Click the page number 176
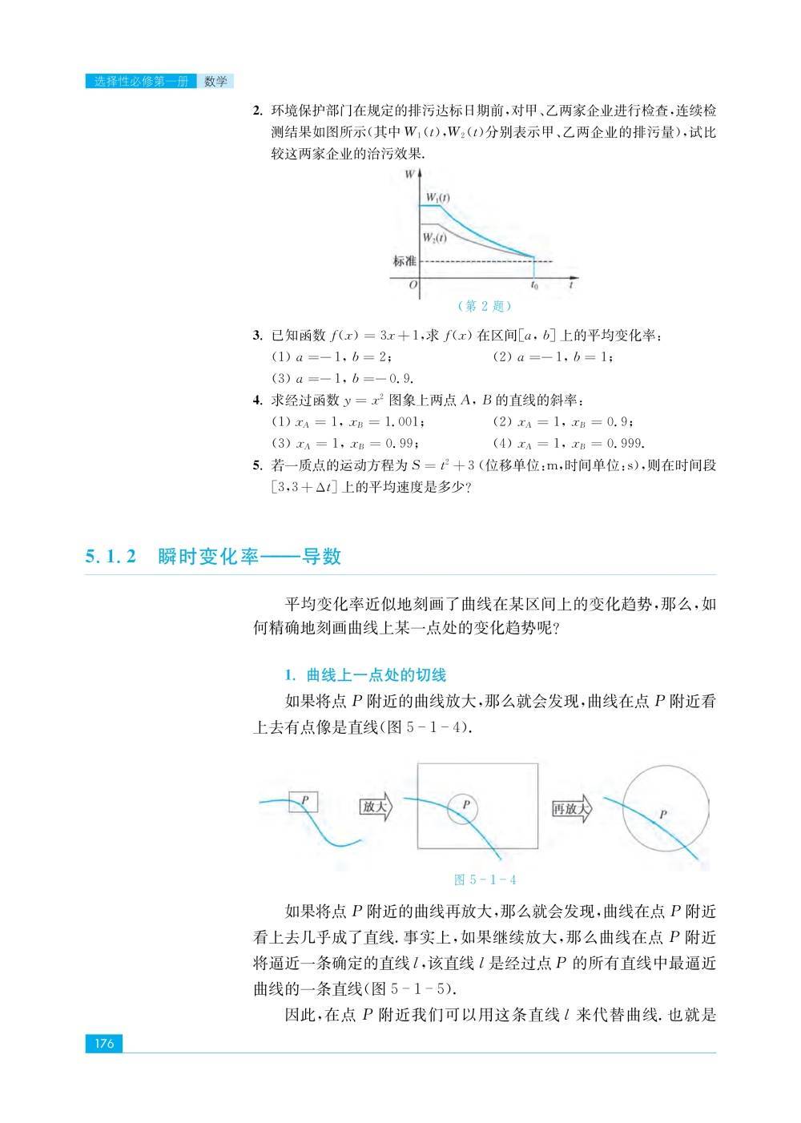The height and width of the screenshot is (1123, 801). (x=104, y=1043)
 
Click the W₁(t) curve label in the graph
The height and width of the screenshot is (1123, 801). (x=437, y=197)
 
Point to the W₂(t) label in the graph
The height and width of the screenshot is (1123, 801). (x=435, y=236)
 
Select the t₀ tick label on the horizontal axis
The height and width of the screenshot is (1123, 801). (x=534, y=284)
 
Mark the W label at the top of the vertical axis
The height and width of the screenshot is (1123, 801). (x=409, y=173)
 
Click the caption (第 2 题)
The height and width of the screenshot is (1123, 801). (x=484, y=306)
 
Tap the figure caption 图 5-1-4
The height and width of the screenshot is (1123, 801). (x=485, y=879)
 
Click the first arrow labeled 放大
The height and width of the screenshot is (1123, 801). (x=375, y=807)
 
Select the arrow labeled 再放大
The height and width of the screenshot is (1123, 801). (x=572, y=809)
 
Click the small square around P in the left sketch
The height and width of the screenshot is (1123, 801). (x=303, y=801)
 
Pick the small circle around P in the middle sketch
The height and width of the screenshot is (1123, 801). (x=462, y=809)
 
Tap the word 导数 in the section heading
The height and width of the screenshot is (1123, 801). (x=321, y=557)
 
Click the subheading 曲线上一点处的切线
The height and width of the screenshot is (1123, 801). (x=376, y=674)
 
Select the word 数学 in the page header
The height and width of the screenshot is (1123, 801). (x=215, y=81)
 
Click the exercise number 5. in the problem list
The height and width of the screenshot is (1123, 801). (x=257, y=465)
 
